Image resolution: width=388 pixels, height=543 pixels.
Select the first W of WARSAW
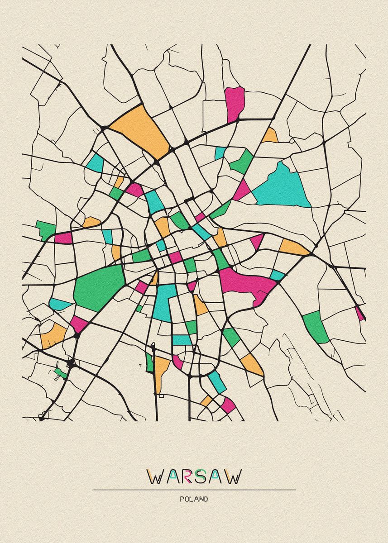[x=155, y=476]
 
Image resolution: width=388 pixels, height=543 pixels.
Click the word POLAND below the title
[x=194, y=499]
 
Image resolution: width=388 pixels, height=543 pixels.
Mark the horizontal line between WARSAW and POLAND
[x=194, y=490]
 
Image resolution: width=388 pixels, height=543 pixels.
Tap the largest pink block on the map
[x=247, y=283]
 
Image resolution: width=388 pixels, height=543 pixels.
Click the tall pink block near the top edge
[x=235, y=103]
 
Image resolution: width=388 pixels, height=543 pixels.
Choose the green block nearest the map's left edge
[x=45, y=229]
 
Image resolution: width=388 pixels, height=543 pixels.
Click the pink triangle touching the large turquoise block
[x=241, y=191]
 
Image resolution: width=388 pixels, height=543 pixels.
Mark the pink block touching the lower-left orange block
[x=78, y=324]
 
